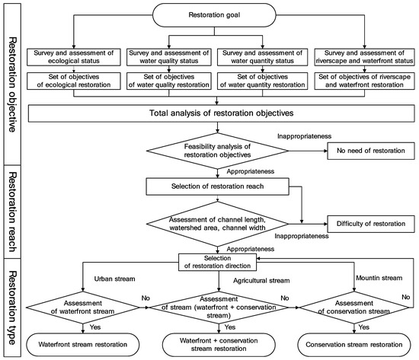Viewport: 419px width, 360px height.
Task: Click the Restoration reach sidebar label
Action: [x=13, y=204]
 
